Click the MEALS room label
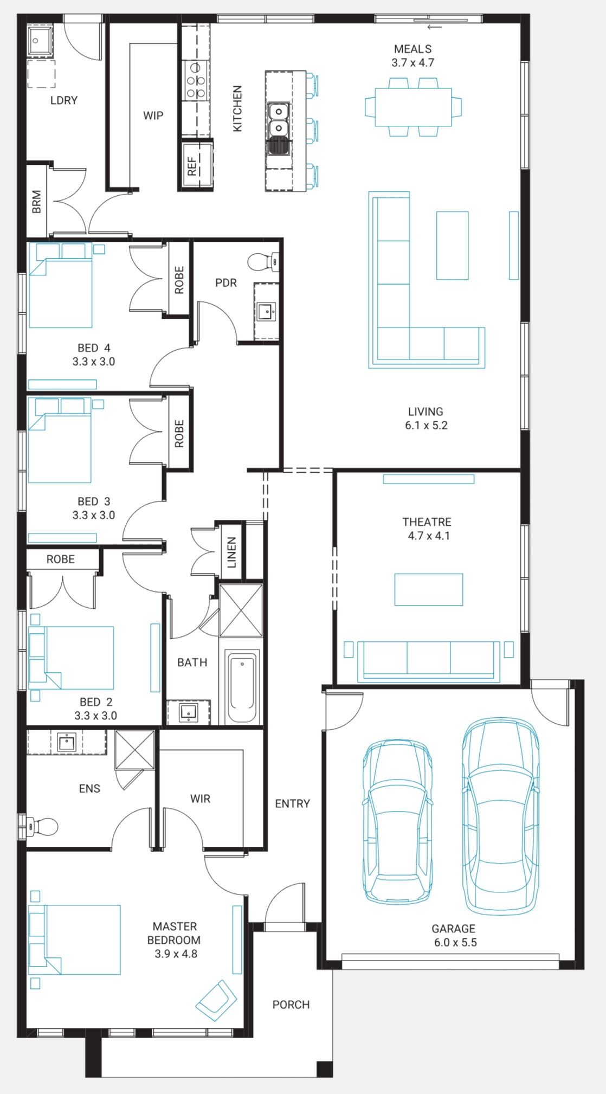pos(413,49)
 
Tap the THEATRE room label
pos(427,522)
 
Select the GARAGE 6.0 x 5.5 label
pos(454,935)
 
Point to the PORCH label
pos(291,1005)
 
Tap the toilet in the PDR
pos(263,262)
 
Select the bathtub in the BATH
pos(242,686)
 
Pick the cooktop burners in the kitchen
pos(196,80)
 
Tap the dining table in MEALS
pos(413,107)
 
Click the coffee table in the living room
pos(452,246)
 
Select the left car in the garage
pos(397,821)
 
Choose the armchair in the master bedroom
pos(216,1001)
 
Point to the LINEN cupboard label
pos(231,552)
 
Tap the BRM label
pos(36,201)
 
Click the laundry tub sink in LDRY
pos(40,40)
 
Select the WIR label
pos(200,799)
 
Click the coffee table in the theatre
pos(429,589)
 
